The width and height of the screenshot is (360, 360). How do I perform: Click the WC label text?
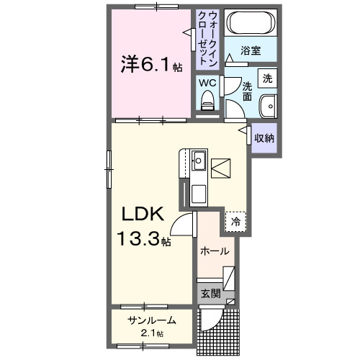click(207, 83)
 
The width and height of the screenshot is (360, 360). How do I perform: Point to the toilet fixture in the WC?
click(207, 102)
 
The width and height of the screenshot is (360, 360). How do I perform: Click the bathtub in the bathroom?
click(249, 24)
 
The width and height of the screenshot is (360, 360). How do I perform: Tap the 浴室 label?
click(250, 52)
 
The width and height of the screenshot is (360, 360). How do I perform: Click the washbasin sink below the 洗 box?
click(269, 104)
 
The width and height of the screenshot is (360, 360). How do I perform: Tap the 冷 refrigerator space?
click(235, 222)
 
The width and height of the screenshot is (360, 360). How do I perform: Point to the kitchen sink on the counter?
click(199, 161)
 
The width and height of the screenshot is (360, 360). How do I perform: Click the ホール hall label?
click(215, 251)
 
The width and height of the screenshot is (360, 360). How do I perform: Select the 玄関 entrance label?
click(210, 293)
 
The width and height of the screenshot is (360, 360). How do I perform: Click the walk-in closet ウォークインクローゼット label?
click(207, 37)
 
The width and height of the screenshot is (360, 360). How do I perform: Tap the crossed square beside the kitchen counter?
click(222, 168)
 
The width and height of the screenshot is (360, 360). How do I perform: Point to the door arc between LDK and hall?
click(186, 226)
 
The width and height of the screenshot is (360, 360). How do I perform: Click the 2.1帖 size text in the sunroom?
click(151, 333)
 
